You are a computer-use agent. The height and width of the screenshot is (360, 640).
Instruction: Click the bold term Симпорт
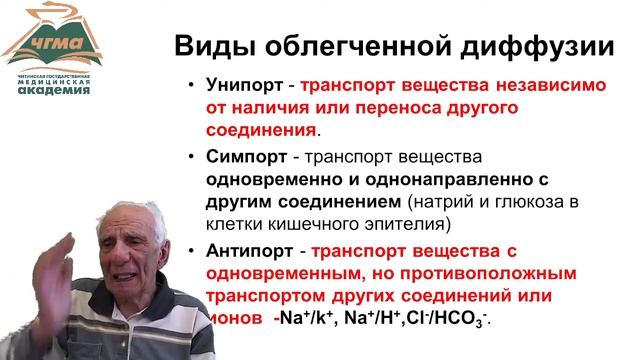coord(246,158)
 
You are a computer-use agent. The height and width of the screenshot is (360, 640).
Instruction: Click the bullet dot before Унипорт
coord(191,86)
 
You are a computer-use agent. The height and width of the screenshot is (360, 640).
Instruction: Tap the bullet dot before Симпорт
coord(191,158)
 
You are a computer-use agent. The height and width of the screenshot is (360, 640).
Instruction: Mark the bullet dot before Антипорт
coord(191,251)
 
